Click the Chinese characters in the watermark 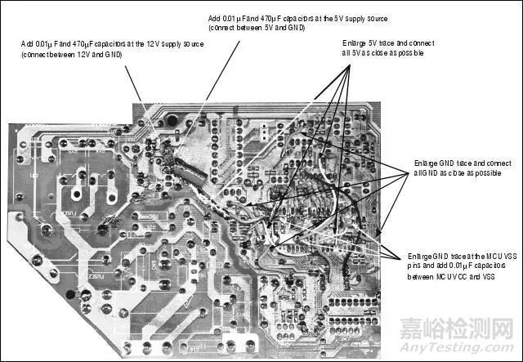click(471, 329)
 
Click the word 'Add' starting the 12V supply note click(27, 43)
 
